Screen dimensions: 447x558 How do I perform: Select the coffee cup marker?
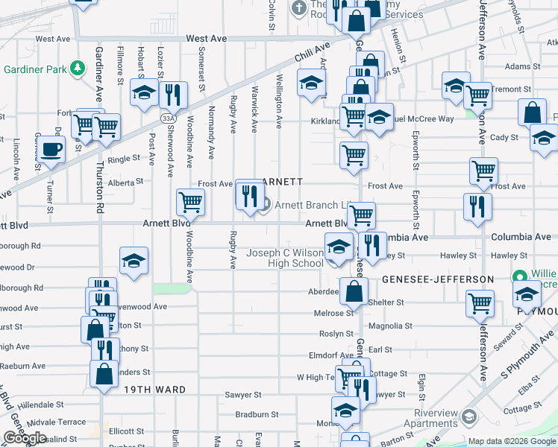point(51,148)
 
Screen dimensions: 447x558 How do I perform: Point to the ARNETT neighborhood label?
point(283,182)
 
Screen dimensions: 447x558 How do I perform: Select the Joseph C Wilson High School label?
point(286,258)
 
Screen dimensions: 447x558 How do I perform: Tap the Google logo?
point(25,438)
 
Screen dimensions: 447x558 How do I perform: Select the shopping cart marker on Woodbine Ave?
point(190,201)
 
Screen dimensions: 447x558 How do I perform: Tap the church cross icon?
point(298,8)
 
